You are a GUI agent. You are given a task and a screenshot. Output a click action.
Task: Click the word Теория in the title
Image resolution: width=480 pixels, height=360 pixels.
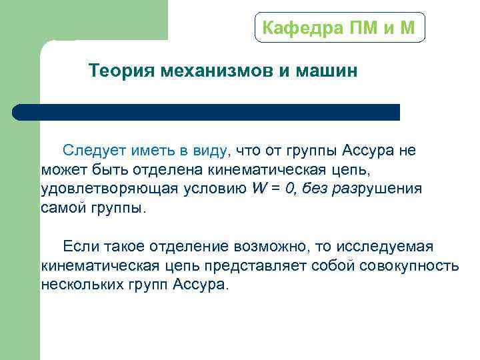tap(122, 71)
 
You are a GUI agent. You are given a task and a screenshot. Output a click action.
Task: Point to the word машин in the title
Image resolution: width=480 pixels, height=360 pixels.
tap(325, 71)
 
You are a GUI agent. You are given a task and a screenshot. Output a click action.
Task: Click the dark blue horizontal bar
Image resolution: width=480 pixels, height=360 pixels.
tap(207, 112)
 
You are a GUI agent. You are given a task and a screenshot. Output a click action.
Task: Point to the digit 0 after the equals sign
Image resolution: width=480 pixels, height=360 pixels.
tap(289, 188)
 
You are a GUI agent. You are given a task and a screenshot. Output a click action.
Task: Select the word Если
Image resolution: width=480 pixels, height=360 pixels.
tap(81, 247)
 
